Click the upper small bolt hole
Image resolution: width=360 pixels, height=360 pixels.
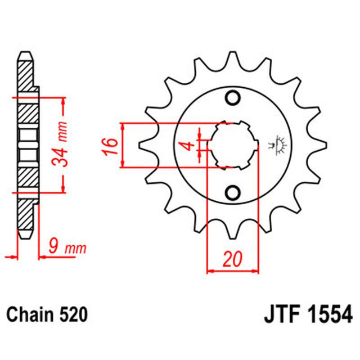[x=232, y=98]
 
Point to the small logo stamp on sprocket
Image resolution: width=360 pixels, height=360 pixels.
[x=277, y=145]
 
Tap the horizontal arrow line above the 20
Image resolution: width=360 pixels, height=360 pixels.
[x=232, y=271]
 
